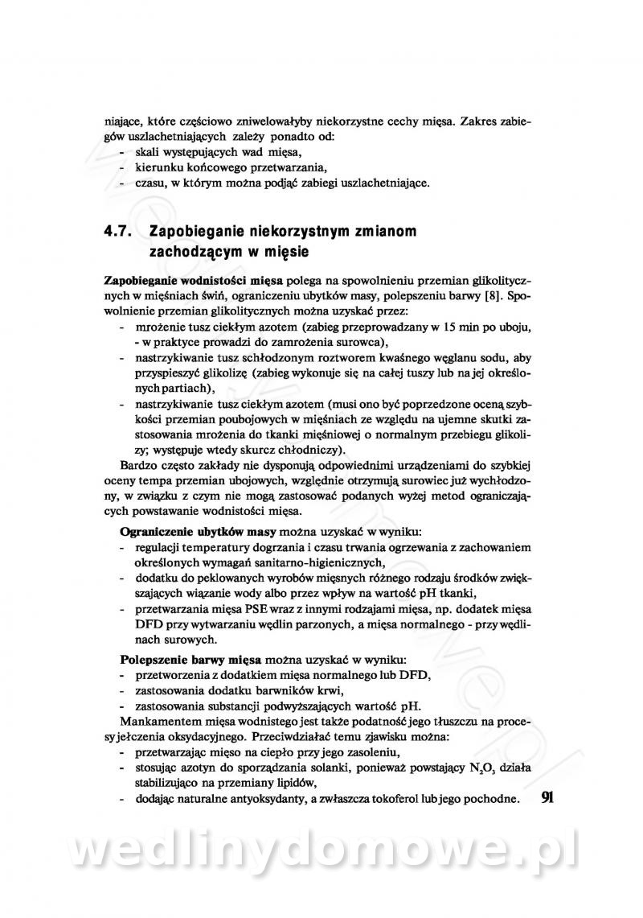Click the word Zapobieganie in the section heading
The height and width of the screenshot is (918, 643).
coord(193,232)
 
